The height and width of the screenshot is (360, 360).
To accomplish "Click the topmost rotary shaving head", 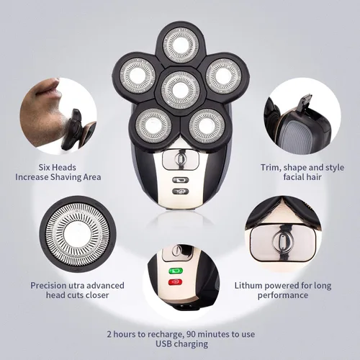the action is (181, 45).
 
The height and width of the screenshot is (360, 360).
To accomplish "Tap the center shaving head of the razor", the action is (181, 90).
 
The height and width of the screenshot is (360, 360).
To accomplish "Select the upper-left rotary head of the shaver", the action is (138, 76).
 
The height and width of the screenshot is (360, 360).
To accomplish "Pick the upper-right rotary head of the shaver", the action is (223, 76).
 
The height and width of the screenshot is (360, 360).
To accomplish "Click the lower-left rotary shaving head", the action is (153, 126).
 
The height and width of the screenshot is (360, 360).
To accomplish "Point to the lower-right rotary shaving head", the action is (207, 126).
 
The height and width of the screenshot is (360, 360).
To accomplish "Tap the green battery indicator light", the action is (176, 271).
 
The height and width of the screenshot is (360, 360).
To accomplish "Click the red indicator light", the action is (176, 282).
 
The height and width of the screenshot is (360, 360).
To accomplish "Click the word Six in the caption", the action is (45, 167).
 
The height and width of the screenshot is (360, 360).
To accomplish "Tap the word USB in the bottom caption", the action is (163, 343).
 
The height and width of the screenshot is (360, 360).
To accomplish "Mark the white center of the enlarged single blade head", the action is (77, 234).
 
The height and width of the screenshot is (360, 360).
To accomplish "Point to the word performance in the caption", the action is (283, 295).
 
